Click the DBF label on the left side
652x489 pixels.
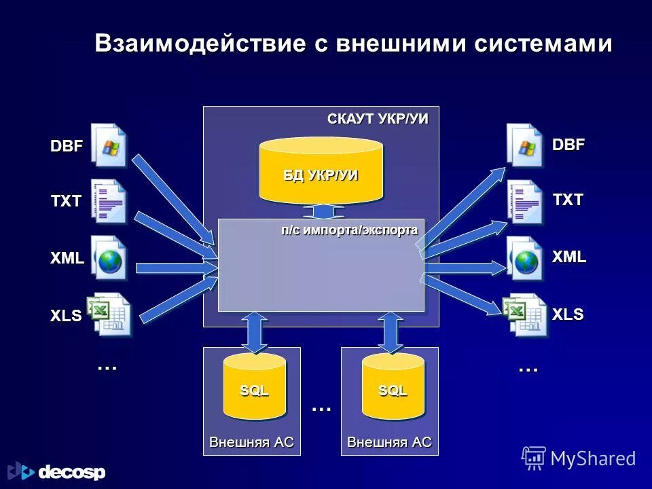67,146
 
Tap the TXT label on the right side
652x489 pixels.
568,200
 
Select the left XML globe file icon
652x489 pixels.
109,259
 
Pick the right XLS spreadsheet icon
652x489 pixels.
525,314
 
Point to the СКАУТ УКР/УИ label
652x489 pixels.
378,119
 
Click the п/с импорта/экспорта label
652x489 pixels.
349,230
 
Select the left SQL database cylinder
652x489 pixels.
254,387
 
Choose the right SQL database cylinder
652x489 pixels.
393,387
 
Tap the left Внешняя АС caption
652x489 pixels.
251,442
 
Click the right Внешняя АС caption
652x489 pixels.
389,442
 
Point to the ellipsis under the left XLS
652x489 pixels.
107,367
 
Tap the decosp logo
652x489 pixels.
57,471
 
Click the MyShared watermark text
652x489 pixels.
592,458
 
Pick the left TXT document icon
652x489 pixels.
109,202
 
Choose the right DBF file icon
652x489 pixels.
525,145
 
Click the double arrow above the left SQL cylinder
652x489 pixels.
254,332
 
